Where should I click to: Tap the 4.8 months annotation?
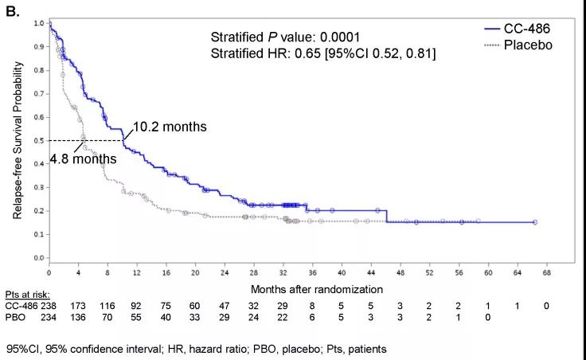[84, 158]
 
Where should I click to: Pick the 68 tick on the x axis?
[547, 272]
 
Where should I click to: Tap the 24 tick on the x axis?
[225, 272]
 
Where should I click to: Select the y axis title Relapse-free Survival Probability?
[17, 142]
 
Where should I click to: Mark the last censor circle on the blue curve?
[534, 222]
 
